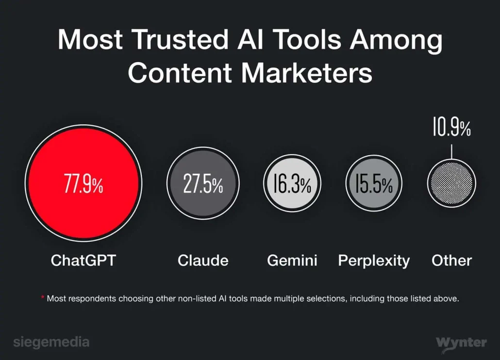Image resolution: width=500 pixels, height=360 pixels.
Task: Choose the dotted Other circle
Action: pos(451,183)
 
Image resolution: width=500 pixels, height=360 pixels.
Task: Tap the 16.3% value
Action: pos(292,184)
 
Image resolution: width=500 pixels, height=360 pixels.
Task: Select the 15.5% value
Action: pos(373,184)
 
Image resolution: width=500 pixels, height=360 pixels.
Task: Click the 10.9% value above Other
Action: pos(451,129)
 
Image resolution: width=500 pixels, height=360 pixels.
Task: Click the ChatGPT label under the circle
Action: pos(83,261)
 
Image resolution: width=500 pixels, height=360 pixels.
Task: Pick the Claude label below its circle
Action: pos(203,261)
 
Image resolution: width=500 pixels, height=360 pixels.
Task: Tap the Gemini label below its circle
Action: pos(292,261)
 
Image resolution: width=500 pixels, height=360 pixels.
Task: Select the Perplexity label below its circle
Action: pos(374,261)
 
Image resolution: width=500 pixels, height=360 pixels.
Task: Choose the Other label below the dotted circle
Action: pos(451,261)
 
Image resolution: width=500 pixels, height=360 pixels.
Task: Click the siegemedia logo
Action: pos(51,342)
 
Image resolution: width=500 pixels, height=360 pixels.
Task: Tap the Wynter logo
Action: pos(461,343)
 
